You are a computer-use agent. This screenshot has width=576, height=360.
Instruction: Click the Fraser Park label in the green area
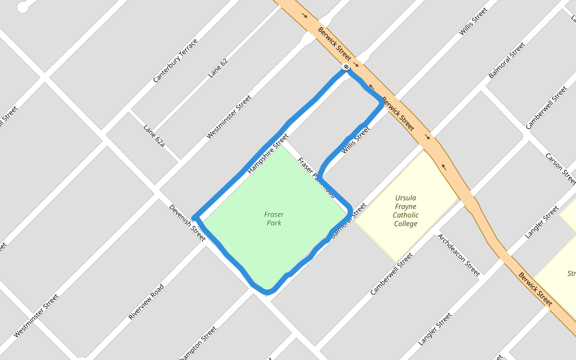click(x=274, y=218)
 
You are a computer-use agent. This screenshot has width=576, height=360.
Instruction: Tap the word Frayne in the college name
click(x=406, y=206)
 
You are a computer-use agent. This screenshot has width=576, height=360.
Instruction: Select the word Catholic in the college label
click(x=406, y=215)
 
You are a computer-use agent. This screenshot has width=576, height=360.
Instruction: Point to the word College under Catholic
click(x=406, y=224)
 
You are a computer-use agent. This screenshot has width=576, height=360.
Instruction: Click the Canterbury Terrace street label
click(x=175, y=61)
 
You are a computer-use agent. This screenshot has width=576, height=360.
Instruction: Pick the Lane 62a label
click(x=154, y=136)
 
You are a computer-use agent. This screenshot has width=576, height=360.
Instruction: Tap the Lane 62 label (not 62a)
click(x=218, y=68)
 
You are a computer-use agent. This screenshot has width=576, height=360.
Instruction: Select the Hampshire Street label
click(x=268, y=154)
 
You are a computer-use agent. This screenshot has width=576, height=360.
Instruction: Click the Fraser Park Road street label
click(x=316, y=178)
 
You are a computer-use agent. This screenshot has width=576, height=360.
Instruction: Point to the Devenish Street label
click(x=187, y=223)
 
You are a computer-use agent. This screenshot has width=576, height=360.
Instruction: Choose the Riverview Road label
click(x=146, y=301)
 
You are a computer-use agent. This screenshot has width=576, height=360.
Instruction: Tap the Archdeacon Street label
click(x=458, y=255)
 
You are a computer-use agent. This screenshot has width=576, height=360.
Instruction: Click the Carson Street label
click(x=559, y=169)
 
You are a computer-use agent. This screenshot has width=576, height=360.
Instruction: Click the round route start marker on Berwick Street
click(x=346, y=67)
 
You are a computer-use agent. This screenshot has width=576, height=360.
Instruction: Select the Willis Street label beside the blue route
click(x=355, y=140)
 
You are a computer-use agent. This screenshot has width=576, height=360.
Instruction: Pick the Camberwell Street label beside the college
click(x=391, y=274)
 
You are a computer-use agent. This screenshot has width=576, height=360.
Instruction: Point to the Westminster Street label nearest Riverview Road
click(x=37, y=315)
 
